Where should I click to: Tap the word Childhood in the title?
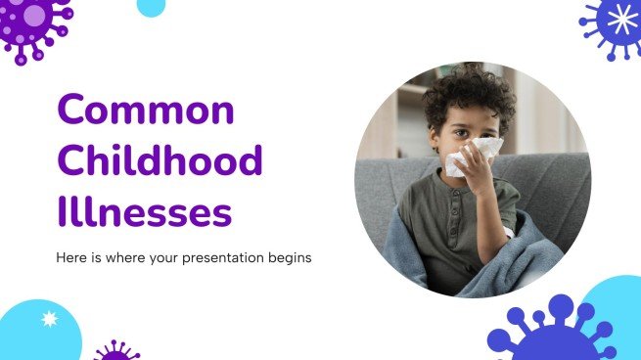pyautogui.click(x=160, y=159)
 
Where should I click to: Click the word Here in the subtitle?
pyautogui.click(x=68, y=258)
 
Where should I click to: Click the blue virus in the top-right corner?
pyautogui.click(x=618, y=23)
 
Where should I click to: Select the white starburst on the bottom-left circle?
pyautogui.click(x=49, y=319)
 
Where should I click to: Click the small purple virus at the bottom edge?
pyautogui.click(x=116, y=351)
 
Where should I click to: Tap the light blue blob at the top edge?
pyautogui.click(x=151, y=7)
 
